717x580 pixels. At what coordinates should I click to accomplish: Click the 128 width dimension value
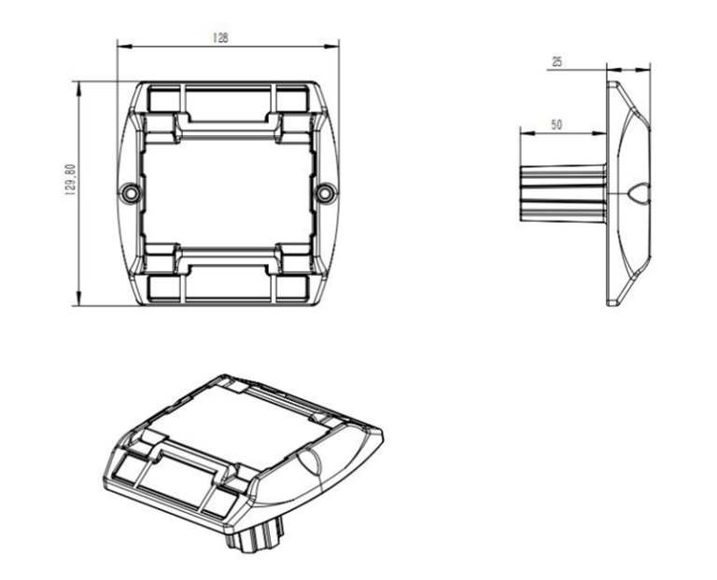pyautogui.click(x=220, y=38)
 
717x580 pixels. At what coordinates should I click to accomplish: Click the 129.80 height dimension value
pyautogui.click(x=70, y=180)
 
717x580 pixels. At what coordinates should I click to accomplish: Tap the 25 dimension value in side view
pyautogui.click(x=557, y=62)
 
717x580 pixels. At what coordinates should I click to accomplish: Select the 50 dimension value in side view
pyautogui.click(x=556, y=124)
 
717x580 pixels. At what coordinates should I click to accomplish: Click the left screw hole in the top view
pyautogui.click(x=130, y=193)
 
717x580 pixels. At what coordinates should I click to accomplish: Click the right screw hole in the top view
pyautogui.click(x=325, y=193)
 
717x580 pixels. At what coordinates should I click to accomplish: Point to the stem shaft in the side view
pyautogui.click(x=563, y=193)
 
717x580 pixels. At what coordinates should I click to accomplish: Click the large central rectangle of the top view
pyautogui.click(x=229, y=194)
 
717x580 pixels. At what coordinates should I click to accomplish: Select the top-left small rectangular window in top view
pyautogui.click(x=163, y=101)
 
